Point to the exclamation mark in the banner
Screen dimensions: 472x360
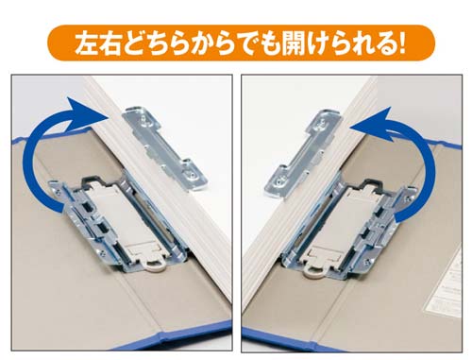point(400,43)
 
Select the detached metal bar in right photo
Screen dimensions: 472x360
point(303,153)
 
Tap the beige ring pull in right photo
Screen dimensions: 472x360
point(313,272)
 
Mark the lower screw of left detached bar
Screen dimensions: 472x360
point(192,174)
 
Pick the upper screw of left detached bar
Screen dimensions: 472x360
point(143,119)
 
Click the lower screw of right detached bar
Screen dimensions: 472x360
point(278,181)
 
